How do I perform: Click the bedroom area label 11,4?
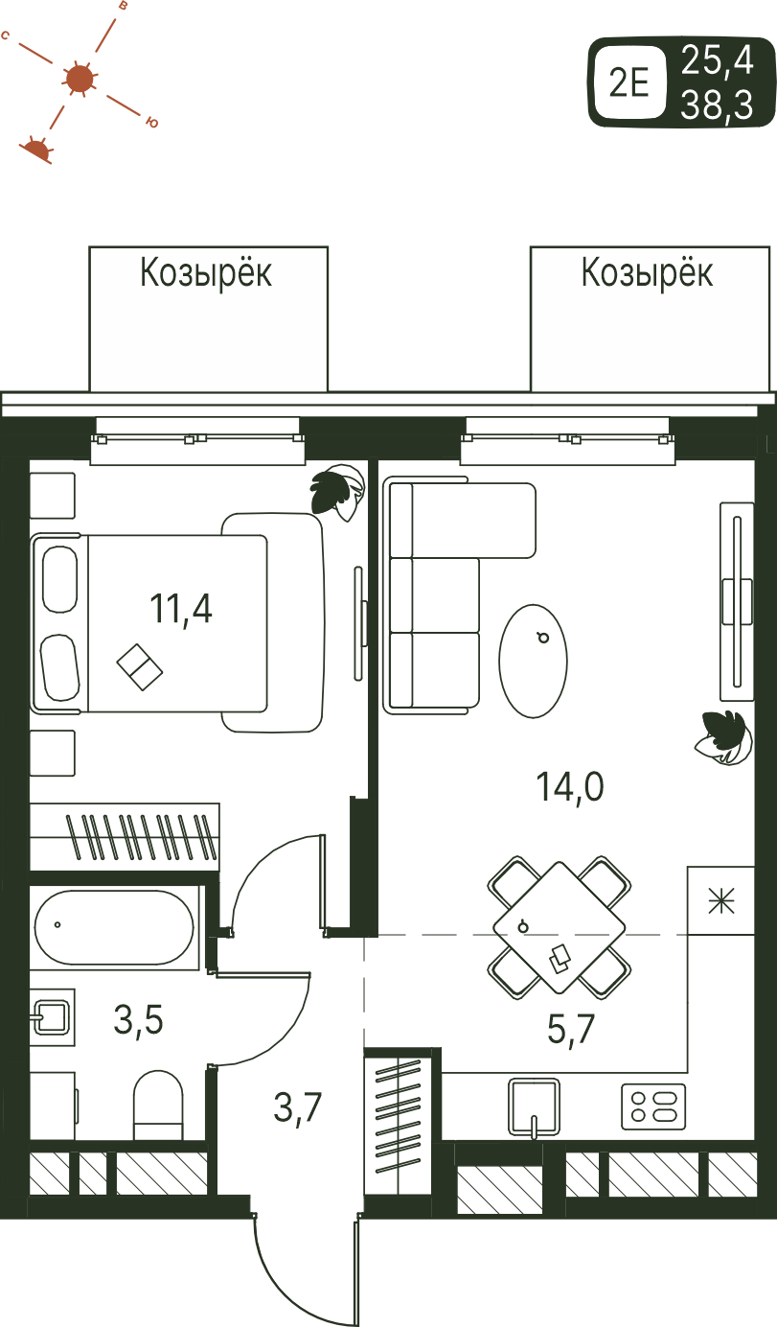click(x=181, y=609)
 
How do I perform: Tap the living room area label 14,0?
click(x=570, y=787)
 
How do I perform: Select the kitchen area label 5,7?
click(x=571, y=1029)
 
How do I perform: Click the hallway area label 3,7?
click(x=298, y=1106)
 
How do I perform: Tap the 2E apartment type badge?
click(x=629, y=81)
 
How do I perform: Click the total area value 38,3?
click(x=717, y=105)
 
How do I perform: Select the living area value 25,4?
click(x=717, y=59)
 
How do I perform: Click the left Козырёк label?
click(x=206, y=273)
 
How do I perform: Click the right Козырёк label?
click(x=648, y=273)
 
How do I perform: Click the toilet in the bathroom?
click(x=159, y=1106)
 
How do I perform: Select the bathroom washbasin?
click(x=53, y=1017)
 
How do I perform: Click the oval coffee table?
click(x=534, y=662)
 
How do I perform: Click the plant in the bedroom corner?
click(x=335, y=492)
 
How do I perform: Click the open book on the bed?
click(x=140, y=667)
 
